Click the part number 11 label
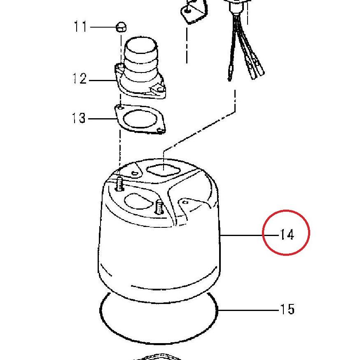click(80, 26)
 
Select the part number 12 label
click(79, 78)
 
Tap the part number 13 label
click(79, 118)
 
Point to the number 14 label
click(287, 235)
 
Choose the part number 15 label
click(287, 309)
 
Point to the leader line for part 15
click(248, 310)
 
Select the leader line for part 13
click(102, 119)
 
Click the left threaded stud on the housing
click(119, 184)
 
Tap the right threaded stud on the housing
click(159, 207)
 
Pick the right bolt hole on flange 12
click(159, 89)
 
